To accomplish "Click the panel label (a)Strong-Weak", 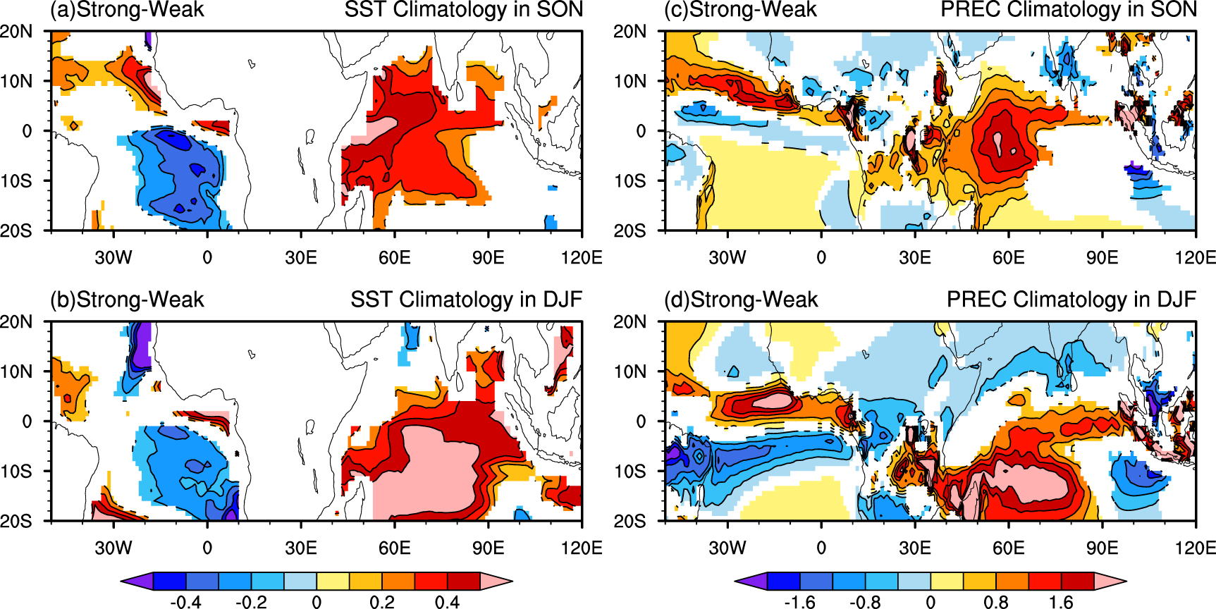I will (127, 10).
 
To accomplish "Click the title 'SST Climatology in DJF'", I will (466, 300).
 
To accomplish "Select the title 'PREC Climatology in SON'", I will (1069, 10).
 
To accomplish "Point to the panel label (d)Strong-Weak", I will (741, 300).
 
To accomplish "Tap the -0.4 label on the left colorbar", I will (185, 601).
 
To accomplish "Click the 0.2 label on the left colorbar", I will (381, 601).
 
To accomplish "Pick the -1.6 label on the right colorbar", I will (799, 601).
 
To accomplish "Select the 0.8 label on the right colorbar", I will (995, 601).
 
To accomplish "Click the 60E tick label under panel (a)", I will (394, 257).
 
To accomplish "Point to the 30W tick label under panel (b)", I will (113, 548).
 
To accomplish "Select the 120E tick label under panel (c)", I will (1195, 257).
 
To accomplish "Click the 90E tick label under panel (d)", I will (1102, 548).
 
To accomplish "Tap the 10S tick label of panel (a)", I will (16, 180).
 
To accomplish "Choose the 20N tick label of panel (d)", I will (630, 322).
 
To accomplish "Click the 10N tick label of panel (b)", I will (16, 371).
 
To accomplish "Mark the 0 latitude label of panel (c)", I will (641, 130).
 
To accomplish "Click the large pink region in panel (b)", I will (437, 472).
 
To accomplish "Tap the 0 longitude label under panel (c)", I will (821, 257).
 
